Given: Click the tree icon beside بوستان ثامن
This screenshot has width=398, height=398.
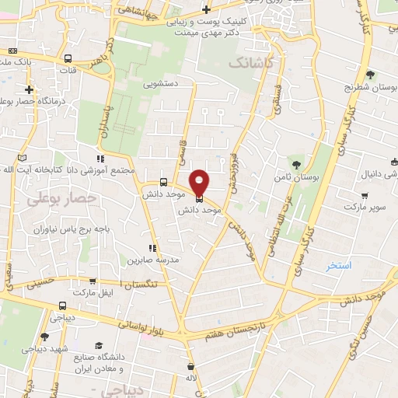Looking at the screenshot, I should click(x=295, y=163).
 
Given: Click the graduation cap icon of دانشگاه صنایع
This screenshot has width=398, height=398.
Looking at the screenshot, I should click(x=99, y=345).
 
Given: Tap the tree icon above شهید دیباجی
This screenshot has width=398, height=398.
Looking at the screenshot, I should click(x=44, y=337).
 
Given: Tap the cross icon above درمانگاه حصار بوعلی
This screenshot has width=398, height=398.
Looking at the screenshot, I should click(x=29, y=90).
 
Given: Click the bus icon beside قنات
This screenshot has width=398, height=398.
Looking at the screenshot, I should click(x=68, y=58).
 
